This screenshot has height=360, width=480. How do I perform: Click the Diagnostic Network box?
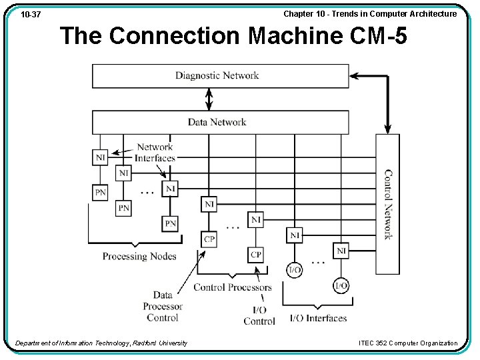click(x=220, y=76)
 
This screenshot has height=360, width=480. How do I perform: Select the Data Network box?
click(x=220, y=122)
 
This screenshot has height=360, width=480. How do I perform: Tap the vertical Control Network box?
click(x=387, y=204)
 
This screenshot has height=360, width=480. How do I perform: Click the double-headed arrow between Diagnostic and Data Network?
click(x=209, y=99)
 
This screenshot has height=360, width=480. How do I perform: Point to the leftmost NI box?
click(x=100, y=157)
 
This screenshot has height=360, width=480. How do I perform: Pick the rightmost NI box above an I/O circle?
click(x=341, y=251)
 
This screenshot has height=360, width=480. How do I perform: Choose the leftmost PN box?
click(x=100, y=193)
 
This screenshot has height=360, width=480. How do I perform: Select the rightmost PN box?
click(x=171, y=223)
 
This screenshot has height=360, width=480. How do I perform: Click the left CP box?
click(x=209, y=239)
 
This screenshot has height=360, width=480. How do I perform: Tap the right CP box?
click(x=256, y=255)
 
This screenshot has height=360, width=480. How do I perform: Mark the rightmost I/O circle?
click(x=341, y=285)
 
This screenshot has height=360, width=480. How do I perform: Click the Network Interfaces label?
click(x=155, y=153)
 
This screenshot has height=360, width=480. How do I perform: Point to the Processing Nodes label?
click(x=139, y=256)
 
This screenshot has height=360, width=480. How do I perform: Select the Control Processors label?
click(x=233, y=287)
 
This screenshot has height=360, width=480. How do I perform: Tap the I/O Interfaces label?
click(x=318, y=318)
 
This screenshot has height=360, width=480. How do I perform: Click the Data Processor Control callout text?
click(x=163, y=306)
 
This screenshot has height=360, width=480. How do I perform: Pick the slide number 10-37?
click(x=31, y=15)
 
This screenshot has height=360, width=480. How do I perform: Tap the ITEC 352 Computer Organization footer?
click(x=408, y=343)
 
